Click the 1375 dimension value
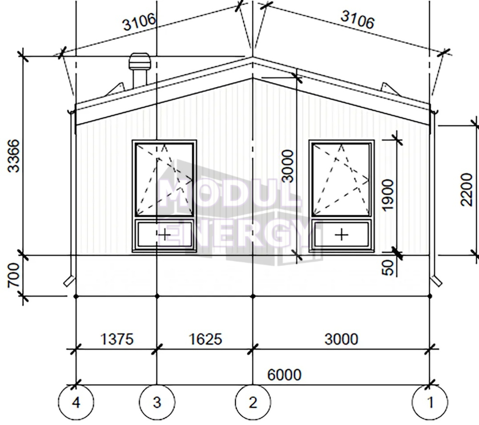(117, 339)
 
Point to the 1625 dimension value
(205, 339)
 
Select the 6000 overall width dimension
(284, 375)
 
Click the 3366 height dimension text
(14, 156)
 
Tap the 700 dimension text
(14, 275)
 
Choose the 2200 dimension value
(466, 190)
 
